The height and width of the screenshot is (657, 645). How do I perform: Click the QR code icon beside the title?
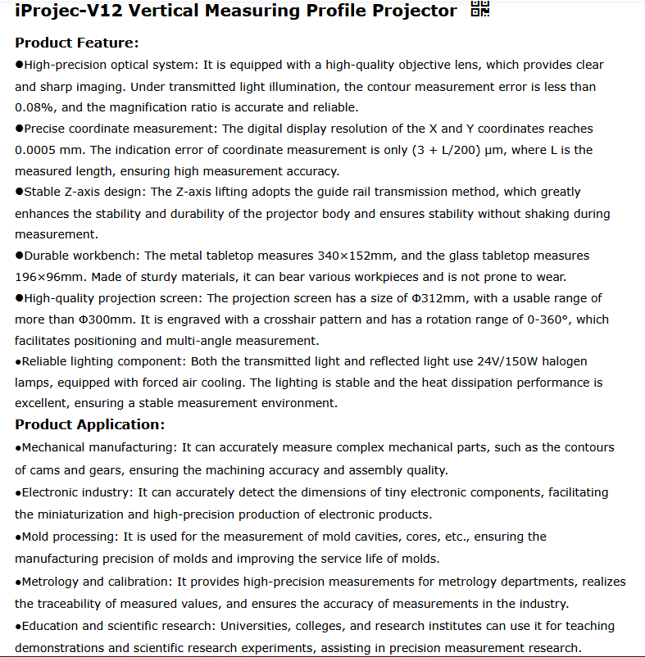[x=480, y=10]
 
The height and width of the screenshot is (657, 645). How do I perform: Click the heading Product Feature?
[x=77, y=43]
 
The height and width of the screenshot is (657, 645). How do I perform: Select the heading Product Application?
[x=90, y=424]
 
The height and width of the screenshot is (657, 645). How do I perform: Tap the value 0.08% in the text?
[x=34, y=107]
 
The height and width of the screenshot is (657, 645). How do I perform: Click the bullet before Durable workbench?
[x=19, y=256]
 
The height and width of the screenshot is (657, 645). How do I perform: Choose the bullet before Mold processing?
[x=18, y=537]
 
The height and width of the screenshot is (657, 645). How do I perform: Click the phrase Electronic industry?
[x=76, y=492]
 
